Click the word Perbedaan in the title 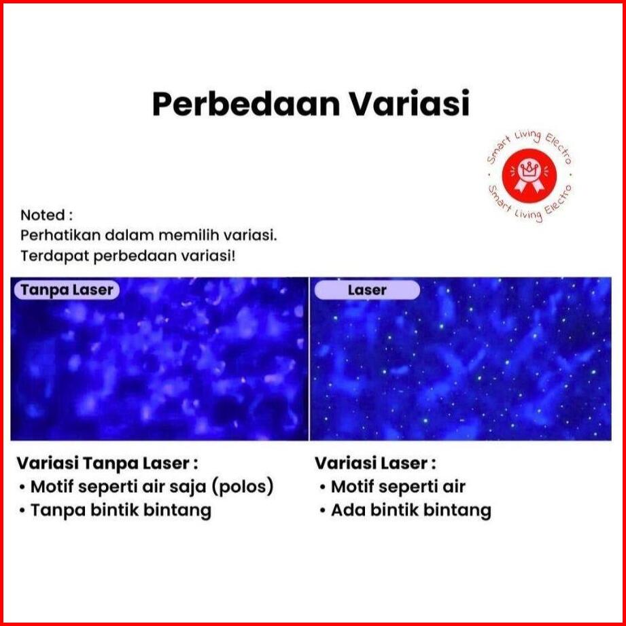(246, 105)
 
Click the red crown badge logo (529, 175)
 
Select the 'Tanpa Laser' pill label (67, 290)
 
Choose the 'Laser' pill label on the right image (367, 290)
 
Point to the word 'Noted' (43, 215)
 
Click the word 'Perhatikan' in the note (60, 236)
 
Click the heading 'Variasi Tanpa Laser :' (107, 464)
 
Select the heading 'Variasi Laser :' (375, 464)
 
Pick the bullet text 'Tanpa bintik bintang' (121, 510)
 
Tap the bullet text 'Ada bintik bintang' (411, 510)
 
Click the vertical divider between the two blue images (309, 359)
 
